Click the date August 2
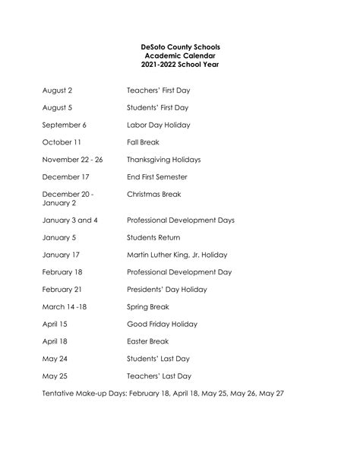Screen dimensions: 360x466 (x=58, y=90)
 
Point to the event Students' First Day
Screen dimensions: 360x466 (x=158, y=107)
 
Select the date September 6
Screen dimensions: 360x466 (x=65, y=125)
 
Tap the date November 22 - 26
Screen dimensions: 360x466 (x=73, y=160)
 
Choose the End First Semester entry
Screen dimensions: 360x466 (x=157, y=177)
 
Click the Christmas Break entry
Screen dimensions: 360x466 (x=154, y=195)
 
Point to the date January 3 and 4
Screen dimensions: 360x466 (x=70, y=220)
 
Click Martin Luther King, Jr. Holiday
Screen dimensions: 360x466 (x=177, y=255)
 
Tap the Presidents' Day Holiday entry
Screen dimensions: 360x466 (x=167, y=290)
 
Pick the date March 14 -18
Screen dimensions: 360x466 (x=65, y=307)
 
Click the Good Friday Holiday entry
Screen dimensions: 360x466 (x=163, y=325)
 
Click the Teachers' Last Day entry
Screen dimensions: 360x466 (x=159, y=376)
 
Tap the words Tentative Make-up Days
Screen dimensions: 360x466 (x=84, y=394)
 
